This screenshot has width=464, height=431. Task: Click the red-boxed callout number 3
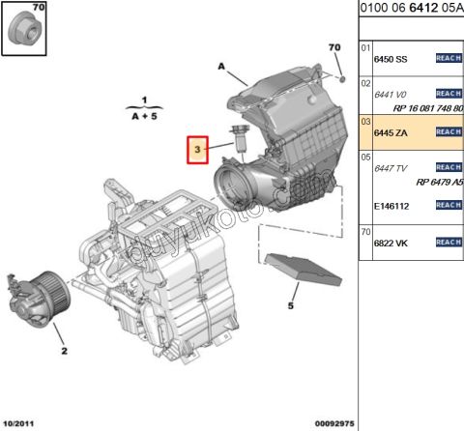[197, 151]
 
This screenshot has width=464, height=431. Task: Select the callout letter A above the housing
[221, 67]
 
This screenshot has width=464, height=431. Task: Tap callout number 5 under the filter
[288, 307]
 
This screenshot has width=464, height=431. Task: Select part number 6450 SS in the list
[391, 59]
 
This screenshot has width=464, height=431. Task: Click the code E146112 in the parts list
[392, 205]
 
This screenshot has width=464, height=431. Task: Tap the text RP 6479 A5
[439, 183]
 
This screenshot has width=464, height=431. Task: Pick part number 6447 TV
[391, 168]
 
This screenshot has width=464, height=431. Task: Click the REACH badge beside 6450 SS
[449, 59]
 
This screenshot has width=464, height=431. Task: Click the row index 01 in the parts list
[365, 47]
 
